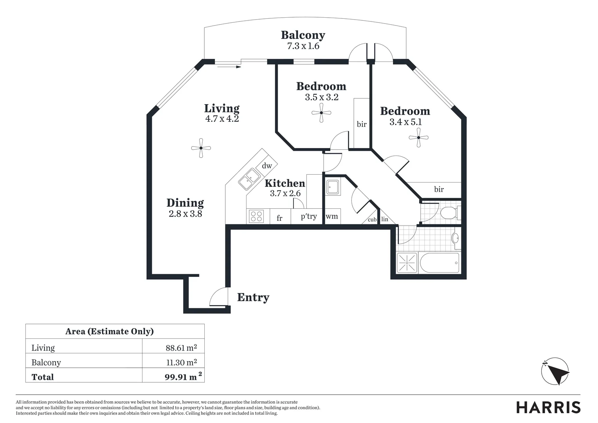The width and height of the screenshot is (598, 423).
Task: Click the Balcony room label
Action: click(x=303, y=35)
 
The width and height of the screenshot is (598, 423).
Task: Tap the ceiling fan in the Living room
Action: click(x=201, y=148)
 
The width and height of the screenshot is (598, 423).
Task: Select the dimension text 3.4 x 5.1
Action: click(x=405, y=122)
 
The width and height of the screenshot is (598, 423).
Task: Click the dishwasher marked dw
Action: click(x=267, y=166)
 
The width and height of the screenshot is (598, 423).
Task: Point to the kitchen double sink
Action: click(x=250, y=179)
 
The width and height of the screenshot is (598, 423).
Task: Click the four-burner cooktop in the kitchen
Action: click(x=256, y=216)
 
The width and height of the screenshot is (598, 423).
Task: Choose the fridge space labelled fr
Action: click(x=279, y=218)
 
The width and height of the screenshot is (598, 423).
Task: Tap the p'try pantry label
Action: click(x=308, y=216)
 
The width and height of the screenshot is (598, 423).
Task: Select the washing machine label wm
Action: click(x=331, y=216)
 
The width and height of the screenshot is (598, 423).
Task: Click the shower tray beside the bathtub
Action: click(x=407, y=263)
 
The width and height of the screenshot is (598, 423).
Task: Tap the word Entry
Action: click(x=253, y=297)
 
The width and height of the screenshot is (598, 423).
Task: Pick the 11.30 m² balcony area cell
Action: click(x=182, y=362)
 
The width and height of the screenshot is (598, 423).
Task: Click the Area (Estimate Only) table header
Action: click(x=110, y=331)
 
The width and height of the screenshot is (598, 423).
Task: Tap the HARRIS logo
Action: click(x=548, y=407)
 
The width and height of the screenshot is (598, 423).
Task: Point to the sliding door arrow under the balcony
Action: click(x=229, y=67)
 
